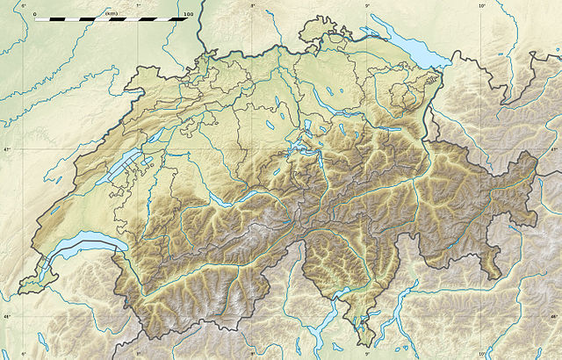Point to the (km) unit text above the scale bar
[x=112, y=13]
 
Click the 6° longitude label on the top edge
[x=24, y=5]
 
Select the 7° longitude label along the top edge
[x=139, y=5]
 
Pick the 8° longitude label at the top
[x=253, y=5]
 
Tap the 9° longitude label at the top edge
[x=367, y=5]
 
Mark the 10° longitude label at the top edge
[x=481, y=5]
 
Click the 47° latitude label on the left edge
[x=6, y=150]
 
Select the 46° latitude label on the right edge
[x=554, y=316]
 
